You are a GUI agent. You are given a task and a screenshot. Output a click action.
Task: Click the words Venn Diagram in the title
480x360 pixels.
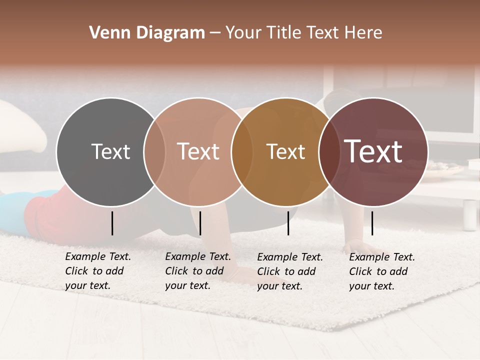point(147,33)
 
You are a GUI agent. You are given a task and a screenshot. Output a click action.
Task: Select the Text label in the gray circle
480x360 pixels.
point(110,152)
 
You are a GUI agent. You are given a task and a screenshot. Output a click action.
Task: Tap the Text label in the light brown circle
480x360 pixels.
point(198,152)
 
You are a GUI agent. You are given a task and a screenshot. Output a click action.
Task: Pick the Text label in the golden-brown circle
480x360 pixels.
point(285,152)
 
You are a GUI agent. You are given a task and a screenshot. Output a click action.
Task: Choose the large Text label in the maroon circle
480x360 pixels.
point(373,151)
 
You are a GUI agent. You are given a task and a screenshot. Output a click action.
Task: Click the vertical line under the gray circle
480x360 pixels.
point(112,223)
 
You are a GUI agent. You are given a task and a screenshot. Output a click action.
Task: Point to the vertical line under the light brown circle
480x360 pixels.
point(200,223)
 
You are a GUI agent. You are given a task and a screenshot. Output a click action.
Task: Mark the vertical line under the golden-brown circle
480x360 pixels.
point(288,223)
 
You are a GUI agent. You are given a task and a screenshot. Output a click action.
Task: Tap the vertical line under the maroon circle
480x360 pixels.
point(372,223)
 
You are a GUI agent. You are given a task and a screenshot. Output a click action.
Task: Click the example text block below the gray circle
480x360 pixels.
point(97,271)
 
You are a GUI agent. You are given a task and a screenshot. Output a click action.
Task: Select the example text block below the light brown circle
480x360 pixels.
point(197,271)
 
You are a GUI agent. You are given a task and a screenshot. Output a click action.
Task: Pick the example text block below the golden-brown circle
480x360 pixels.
point(289,271)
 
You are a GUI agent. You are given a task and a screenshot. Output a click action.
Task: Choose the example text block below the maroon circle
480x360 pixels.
point(381,271)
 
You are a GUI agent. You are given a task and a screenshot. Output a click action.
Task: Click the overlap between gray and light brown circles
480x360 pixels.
point(154,152)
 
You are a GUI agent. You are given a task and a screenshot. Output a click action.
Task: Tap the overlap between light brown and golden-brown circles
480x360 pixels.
point(242,152)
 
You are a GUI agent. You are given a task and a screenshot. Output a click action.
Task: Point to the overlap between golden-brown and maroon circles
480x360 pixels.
point(329,152)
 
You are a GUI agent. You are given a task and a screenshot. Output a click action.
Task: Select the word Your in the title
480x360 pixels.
point(243,33)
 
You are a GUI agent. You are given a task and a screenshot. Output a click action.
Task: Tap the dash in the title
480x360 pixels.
point(215,33)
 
